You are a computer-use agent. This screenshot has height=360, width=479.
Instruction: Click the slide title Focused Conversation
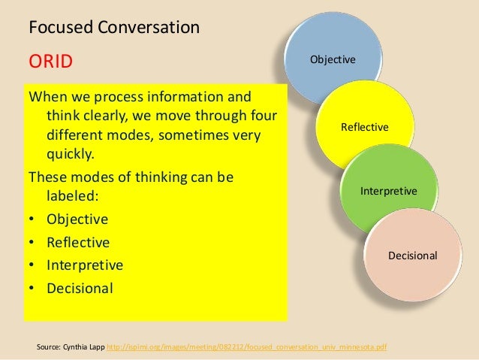(114, 29)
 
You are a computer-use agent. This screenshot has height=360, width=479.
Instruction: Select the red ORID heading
(50, 61)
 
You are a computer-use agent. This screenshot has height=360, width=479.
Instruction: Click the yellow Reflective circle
(364, 127)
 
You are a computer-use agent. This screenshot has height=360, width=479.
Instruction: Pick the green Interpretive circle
(388, 191)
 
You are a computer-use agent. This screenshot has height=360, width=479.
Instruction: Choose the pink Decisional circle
(411, 256)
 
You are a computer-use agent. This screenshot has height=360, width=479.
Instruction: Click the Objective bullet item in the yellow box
(77, 219)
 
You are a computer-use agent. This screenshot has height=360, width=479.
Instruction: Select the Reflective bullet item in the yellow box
(77, 242)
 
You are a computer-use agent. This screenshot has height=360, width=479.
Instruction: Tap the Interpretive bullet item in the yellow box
(84, 265)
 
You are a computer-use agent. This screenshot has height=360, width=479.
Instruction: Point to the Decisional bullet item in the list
(80, 287)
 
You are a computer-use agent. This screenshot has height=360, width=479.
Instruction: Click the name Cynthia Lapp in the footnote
(84, 346)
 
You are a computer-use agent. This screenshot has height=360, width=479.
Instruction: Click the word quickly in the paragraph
(71, 155)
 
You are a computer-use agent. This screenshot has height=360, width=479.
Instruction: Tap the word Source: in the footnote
(48, 346)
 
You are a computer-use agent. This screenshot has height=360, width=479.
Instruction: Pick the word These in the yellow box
(47, 178)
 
